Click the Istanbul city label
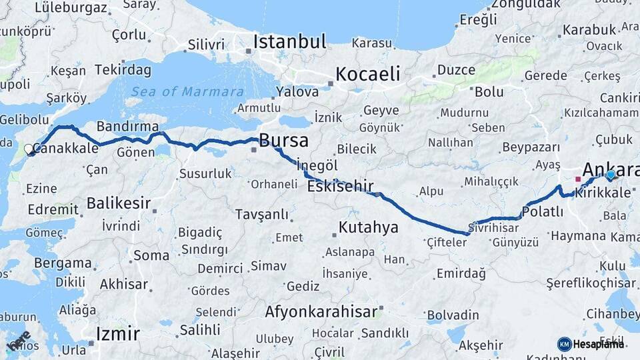click(289, 42)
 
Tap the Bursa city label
click(283, 141)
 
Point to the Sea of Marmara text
click(187, 92)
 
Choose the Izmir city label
click(118, 333)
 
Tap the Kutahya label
click(368, 227)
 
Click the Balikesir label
click(118, 203)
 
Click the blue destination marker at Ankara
click(610, 175)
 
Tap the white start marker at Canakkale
click(29, 150)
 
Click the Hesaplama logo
click(591, 344)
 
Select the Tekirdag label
click(123, 69)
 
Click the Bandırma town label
click(127, 126)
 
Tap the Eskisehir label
click(340, 186)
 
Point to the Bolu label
click(489, 91)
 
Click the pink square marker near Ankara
click(577, 179)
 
